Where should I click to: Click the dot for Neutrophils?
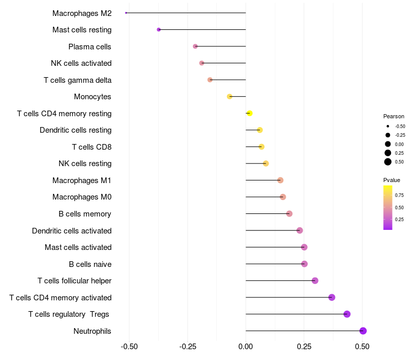coord(363,331)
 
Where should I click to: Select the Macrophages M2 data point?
coord(126,13)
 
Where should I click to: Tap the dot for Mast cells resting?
coord(159,29)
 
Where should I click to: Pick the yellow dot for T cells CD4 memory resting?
coord(249,113)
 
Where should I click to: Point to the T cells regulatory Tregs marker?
coord(347,314)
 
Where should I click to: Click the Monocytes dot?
coord(230,97)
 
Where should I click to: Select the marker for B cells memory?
coord(289,213)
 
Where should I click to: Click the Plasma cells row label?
coord(90,47)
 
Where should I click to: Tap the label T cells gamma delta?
coord(78,80)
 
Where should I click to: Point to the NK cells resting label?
coord(85,164)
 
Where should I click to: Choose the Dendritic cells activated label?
coord(72,231)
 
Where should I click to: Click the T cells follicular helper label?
coord(74,281)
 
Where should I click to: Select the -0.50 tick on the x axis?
coord(129,347)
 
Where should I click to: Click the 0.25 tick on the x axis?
coord(304,347)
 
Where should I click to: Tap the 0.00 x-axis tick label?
coord(246,347)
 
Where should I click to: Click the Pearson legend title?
coord(394,117)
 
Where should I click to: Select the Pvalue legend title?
coord(391,180)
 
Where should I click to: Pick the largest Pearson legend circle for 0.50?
coord(388,162)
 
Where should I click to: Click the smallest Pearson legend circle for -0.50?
coord(388,126)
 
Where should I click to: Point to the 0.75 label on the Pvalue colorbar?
coord(399,195)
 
